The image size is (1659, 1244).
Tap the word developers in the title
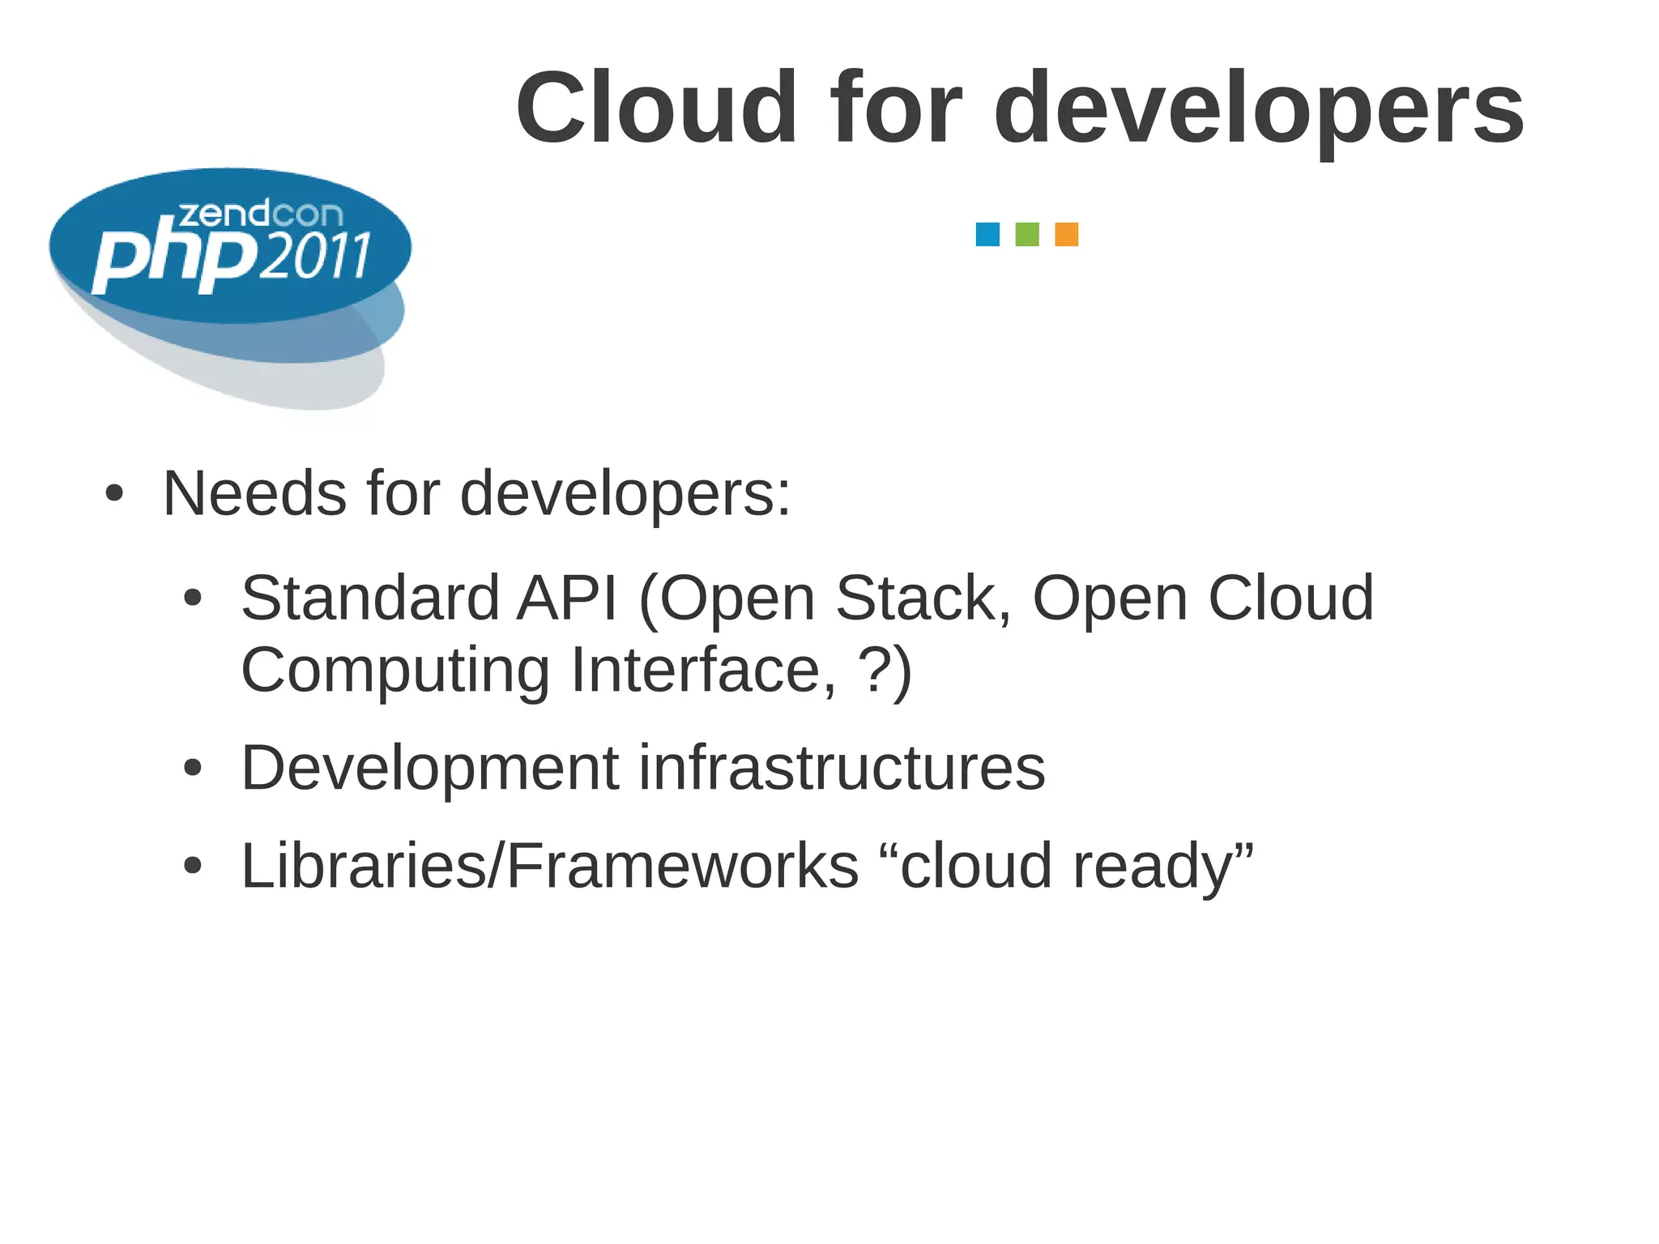(1259, 109)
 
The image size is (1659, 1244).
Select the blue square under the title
(987, 234)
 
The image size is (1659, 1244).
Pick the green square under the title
(1027, 234)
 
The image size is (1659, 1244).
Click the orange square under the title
(1066, 234)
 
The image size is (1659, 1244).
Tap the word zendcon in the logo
(260, 215)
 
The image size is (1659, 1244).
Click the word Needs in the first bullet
(254, 493)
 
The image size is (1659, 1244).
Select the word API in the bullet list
(567, 599)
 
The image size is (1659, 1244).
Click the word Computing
(395, 671)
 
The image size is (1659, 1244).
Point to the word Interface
(703, 671)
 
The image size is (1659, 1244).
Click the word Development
(429, 769)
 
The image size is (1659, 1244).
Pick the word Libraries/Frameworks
(549, 866)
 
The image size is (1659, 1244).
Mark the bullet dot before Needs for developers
(114, 493)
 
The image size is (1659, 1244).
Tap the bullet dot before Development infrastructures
(192, 768)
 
